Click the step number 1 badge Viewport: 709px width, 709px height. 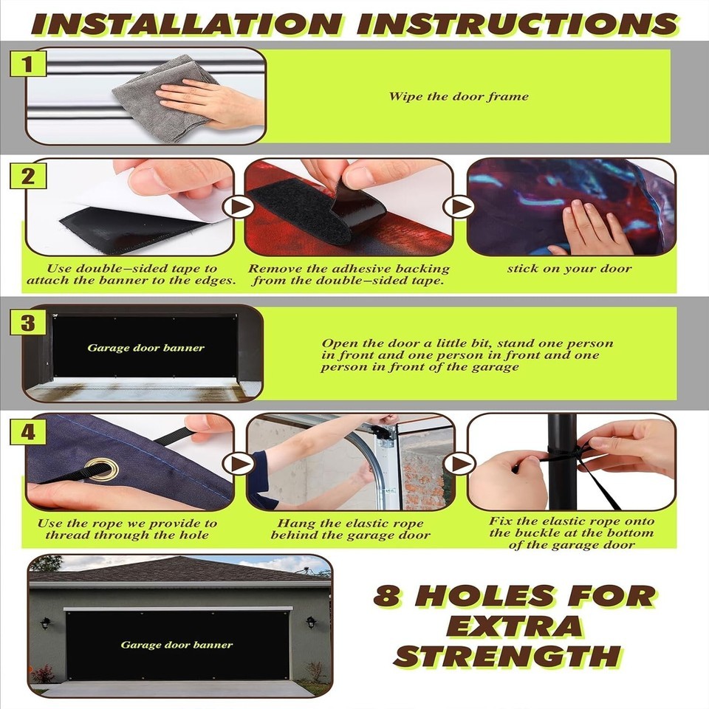pyautogui.click(x=27, y=64)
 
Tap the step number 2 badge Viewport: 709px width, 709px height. pyautogui.click(x=27, y=176)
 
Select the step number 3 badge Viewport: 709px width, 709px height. pyautogui.click(x=27, y=323)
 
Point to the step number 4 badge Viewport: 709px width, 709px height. pyautogui.click(x=27, y=432)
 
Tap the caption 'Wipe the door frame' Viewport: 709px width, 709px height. pyautogui.click(x=459, y=96)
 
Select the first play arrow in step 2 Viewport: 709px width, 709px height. pyautogui.click(x=239, y=207)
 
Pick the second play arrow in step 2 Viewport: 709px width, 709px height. pyautogui.click(x=459, y=207)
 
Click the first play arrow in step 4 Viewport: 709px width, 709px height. pyautogui.click(x=239, y=463)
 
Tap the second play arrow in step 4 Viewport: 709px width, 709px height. pyautogui.click(x=459, y=463)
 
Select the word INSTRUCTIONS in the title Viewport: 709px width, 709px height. pyautogui.click(x=518, y=24)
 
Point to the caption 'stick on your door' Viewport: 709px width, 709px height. pyautogui.click(x=569, y=269)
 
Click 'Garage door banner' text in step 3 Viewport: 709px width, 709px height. pyautogui.click(x=146, y=348)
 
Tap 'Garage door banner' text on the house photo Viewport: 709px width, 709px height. pyautogui.click(x=177, y=645)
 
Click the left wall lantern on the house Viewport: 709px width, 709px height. pyautogui.click(x=45, y=623)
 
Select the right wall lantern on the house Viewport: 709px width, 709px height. pyautogui.click(x=311, y=622)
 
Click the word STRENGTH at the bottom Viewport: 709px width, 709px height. pyautogui.click(x=509, y=656)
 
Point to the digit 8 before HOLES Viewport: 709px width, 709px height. pyautogui.click(x=387, y=595)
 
